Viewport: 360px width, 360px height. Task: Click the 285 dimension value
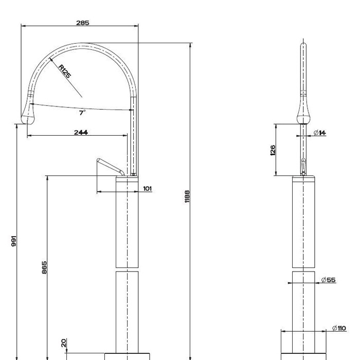(83, 23)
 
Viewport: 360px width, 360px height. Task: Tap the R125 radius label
(64, 71)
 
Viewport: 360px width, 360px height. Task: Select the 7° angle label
(82, 112)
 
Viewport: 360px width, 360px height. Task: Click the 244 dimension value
(81, 132)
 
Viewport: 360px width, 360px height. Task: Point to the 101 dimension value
(147, 189)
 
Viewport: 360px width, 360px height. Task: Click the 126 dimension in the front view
(273, 150)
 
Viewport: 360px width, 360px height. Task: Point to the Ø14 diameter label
(319, 133)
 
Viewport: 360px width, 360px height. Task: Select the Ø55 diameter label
(328, 280)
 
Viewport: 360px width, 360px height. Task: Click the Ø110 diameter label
(339, 328)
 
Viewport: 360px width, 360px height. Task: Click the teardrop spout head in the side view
(29, 114)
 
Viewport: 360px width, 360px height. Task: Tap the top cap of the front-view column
(303, 178)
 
